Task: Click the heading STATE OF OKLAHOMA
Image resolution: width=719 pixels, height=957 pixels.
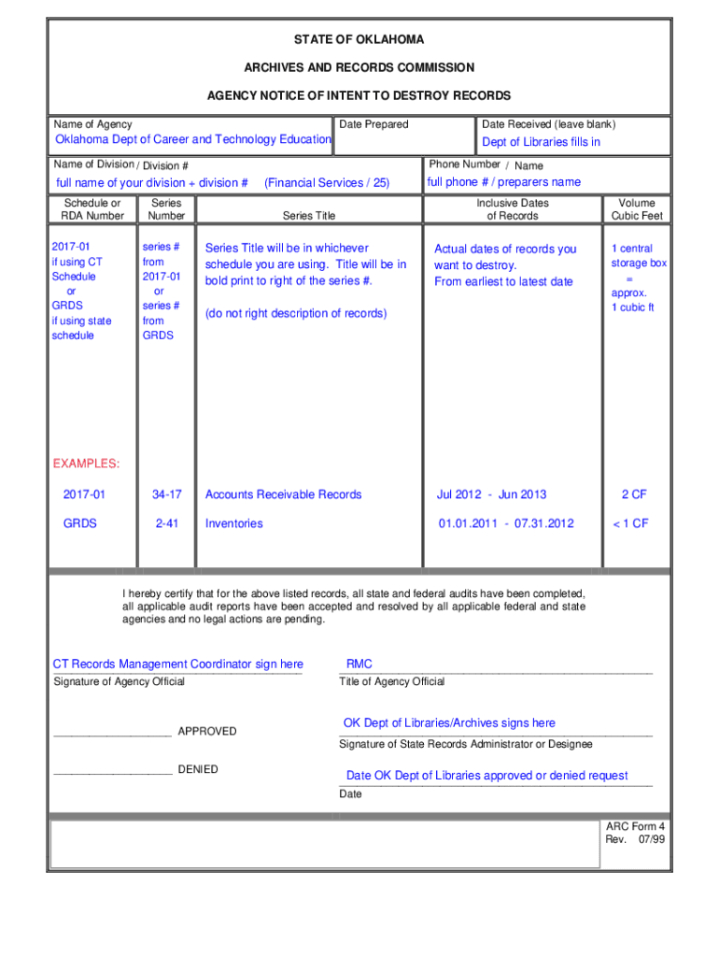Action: point(359,39)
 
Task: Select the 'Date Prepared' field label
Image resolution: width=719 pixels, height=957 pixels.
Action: point(374,124)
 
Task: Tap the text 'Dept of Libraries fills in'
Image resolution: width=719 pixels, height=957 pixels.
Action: point(541,142)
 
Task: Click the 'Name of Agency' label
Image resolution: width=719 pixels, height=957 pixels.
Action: point(92,124)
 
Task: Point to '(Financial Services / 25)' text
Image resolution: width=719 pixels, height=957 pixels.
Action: point(327,183)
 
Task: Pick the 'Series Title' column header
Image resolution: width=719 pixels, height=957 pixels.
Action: point(309,216)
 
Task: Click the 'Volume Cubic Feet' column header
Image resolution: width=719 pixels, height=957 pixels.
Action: point(636,209)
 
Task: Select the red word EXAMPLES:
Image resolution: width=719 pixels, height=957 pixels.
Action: point(86,464)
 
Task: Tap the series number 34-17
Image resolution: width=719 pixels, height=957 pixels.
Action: point(166,494)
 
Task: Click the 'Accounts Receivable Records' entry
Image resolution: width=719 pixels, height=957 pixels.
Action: point(283,494)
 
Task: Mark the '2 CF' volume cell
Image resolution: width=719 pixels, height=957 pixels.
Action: point(635,494)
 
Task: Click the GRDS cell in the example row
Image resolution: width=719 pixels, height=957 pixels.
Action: point(80,523)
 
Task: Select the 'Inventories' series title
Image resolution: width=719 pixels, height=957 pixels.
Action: point(233,523)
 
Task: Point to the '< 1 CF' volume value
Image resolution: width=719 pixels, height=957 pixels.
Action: point(630,523)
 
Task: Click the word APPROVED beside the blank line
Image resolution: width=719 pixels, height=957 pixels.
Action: point(207,731)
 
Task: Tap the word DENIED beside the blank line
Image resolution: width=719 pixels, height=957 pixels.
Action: point(198,769)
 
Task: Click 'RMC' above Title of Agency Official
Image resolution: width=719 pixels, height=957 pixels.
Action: point(359,664)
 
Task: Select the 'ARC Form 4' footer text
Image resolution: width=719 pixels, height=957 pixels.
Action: point(635,826)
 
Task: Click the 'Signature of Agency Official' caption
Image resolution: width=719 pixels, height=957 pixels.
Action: point(120,681)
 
